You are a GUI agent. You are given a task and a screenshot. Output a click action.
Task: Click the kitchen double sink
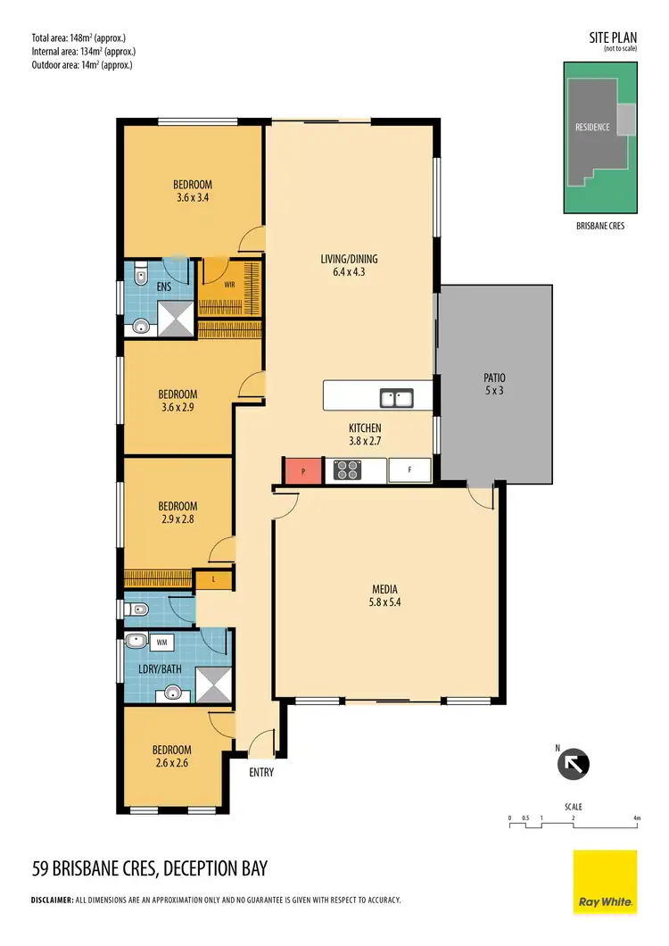tap(395, 397)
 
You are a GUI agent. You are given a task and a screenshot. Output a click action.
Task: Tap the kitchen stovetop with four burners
tap(346, 469)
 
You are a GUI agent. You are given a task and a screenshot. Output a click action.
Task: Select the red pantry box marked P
tap(302, 470)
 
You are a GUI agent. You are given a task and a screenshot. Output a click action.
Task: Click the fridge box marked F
tap(409, 469)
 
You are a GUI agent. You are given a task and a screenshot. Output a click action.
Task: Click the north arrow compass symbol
tap(574, 764)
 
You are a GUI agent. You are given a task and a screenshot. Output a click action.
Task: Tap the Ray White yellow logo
tap(605, 881)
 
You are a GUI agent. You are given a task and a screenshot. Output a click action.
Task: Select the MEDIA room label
tap(384, 589)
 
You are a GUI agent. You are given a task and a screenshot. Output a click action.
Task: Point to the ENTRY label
tap(260, 772)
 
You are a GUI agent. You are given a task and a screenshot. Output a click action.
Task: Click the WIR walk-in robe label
tap(229, 286)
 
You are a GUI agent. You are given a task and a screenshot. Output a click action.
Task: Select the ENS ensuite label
tap(163, 287)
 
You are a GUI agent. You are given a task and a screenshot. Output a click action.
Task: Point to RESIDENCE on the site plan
tap(592, 127)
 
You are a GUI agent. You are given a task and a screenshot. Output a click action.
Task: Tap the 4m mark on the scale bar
tap(637, 817)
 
